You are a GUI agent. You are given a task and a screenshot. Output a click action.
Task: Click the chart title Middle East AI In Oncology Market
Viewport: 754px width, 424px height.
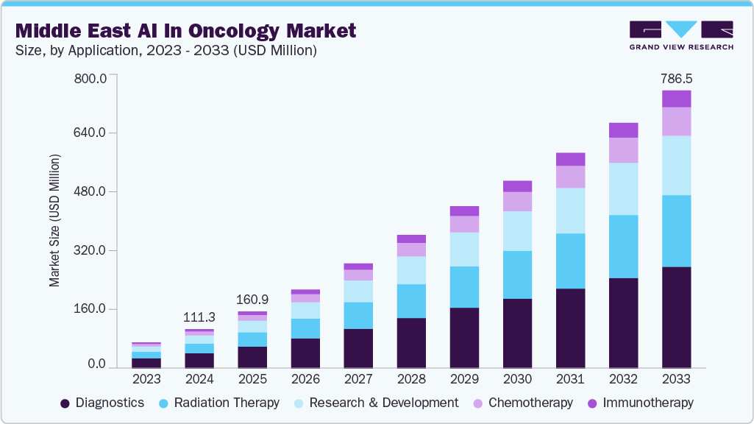(x=185, y=30)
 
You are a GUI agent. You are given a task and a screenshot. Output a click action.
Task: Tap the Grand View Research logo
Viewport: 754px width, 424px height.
(x=680, y=35)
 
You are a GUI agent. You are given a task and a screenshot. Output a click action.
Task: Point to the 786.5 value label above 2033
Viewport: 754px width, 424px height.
(x=677, y=77)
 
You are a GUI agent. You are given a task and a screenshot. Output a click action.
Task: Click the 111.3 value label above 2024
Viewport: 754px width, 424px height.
(x=199, y=317)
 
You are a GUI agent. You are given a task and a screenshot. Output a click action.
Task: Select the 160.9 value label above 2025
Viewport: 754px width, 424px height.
(x=252, y=300)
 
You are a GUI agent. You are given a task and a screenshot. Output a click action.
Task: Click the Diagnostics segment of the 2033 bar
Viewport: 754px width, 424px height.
(x=676, y=317)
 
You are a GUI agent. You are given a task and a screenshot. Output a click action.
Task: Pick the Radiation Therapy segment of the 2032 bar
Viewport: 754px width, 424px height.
(x=623, y=247)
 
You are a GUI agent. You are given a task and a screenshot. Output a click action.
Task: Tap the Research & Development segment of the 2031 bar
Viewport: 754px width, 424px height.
(x=570, y=211)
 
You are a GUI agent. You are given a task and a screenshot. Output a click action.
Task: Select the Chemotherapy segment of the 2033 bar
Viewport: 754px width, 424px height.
(x=676, y=121)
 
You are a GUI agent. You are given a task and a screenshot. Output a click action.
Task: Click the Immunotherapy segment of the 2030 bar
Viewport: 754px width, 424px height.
(x=517, y=186)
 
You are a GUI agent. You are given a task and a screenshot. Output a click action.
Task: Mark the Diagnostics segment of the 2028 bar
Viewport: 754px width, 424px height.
(x=411, y=343)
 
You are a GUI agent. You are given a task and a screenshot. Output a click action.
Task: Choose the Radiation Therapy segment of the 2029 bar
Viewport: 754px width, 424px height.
(x=464, y=287)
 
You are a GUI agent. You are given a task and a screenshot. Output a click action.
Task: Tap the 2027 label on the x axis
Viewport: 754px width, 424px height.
(x=358, y=379)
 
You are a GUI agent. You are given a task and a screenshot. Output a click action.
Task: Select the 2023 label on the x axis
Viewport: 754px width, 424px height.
(x=146, y=379)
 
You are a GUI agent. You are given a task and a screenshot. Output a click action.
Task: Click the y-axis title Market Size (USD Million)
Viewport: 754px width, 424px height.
(x=54, y=221)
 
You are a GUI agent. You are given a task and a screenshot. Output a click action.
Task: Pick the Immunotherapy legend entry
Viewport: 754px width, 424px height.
(x=639, y=403)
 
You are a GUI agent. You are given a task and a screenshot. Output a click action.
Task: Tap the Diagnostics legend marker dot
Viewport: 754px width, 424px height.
(x=65, y=403)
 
